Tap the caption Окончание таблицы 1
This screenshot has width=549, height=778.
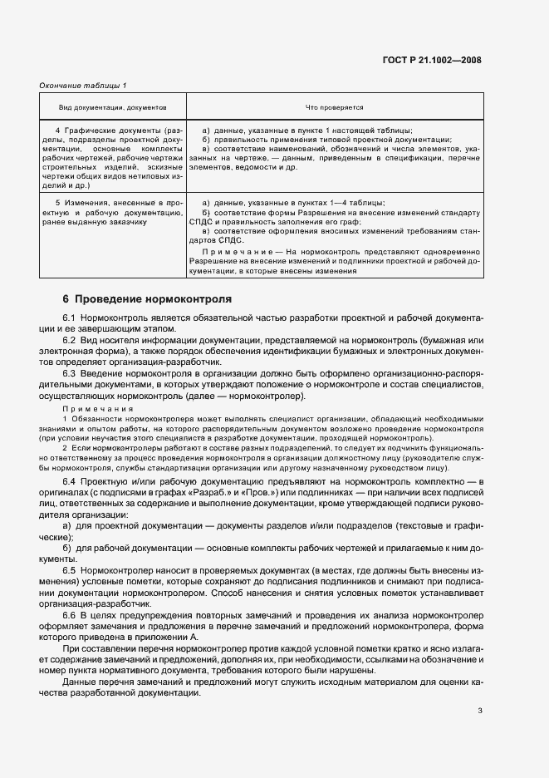[x=83, y=86]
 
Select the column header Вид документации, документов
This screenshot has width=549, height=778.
[x=113, y=107]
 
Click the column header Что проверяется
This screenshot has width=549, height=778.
[x=335, y=107]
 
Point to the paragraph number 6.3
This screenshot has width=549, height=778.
[x=70, y=373]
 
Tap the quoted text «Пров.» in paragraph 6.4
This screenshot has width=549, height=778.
[x=279, y=493]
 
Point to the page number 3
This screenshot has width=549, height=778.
[x=480, y=711]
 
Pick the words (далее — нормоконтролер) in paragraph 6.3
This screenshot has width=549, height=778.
[x=247, y=395]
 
